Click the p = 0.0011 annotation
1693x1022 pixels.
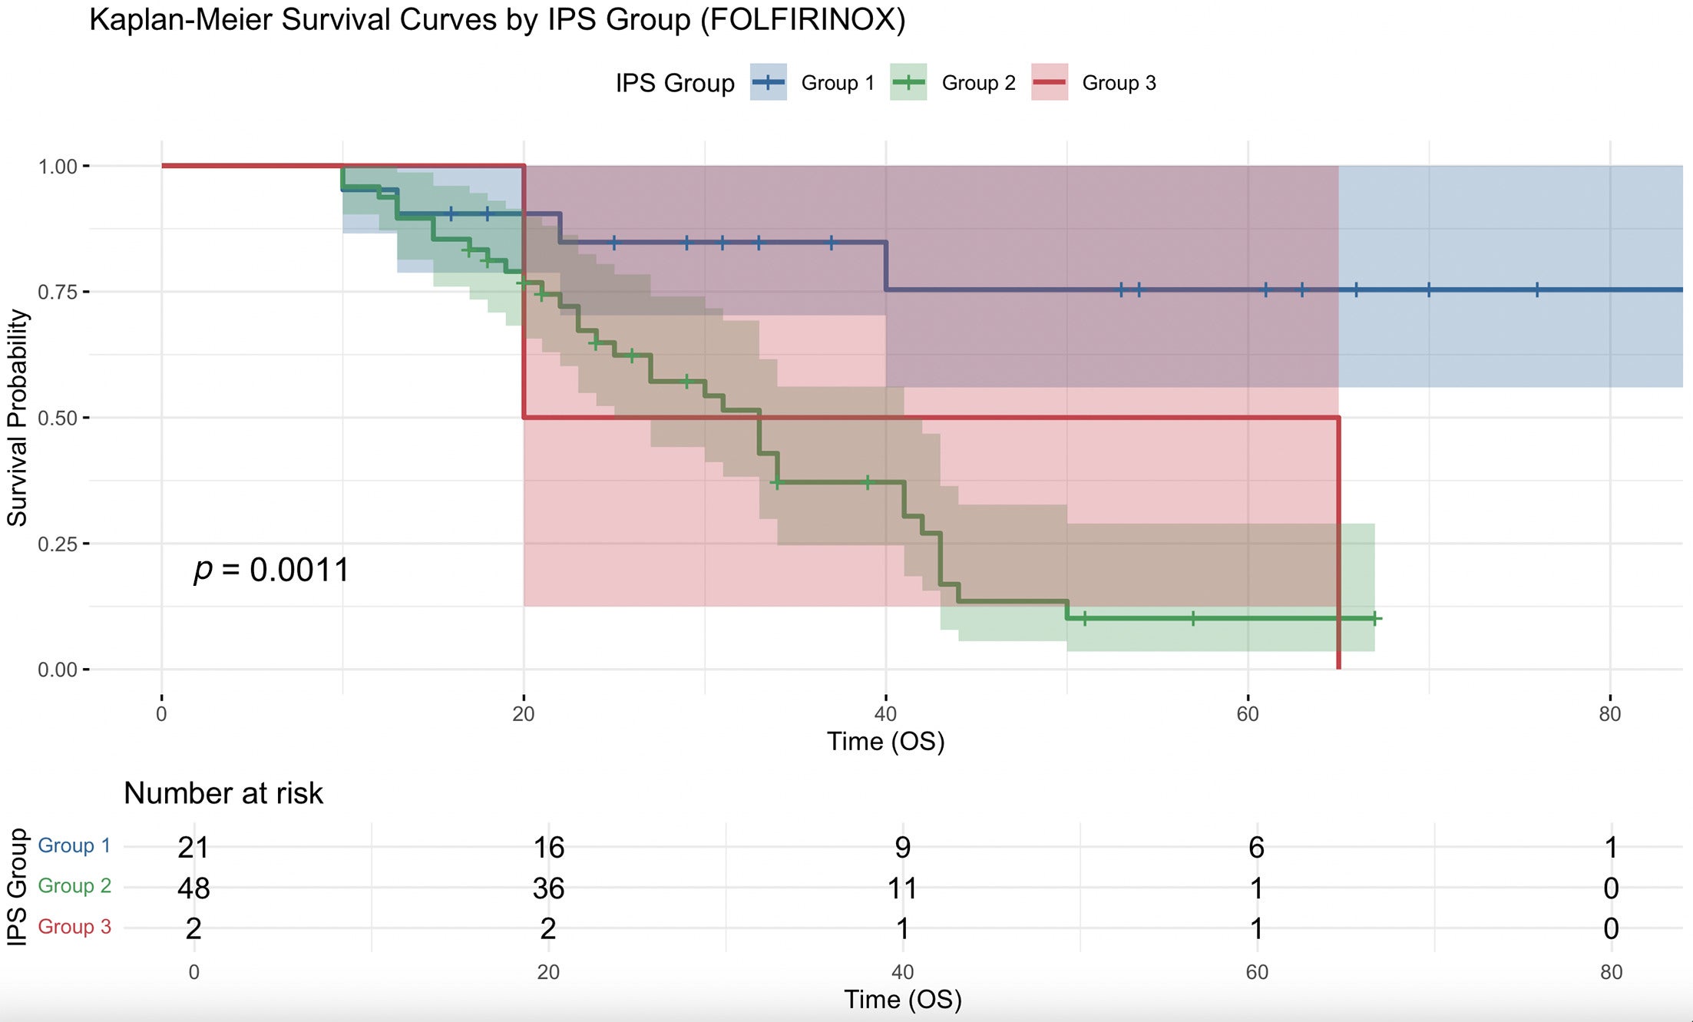[x=272, y=570]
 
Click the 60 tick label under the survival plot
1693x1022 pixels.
[x=1248, y=715]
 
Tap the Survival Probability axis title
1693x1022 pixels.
[x=17, y=418]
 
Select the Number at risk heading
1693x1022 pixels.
[x=223, y=793]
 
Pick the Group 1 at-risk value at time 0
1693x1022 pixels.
[x=193, y=848]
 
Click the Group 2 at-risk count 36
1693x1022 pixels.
[x=548, y=888]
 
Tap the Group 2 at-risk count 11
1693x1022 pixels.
[x=902, y=888]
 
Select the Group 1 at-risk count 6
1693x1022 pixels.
[x=1256, y=848]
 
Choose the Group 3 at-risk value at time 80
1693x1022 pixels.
[x=1611, y=929]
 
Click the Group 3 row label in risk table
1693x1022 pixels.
[x=74, y=927]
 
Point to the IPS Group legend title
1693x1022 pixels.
[x=675, y=83]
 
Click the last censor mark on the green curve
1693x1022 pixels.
[x=1375, y=618]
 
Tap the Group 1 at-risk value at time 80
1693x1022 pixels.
[x=1611, y=848]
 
